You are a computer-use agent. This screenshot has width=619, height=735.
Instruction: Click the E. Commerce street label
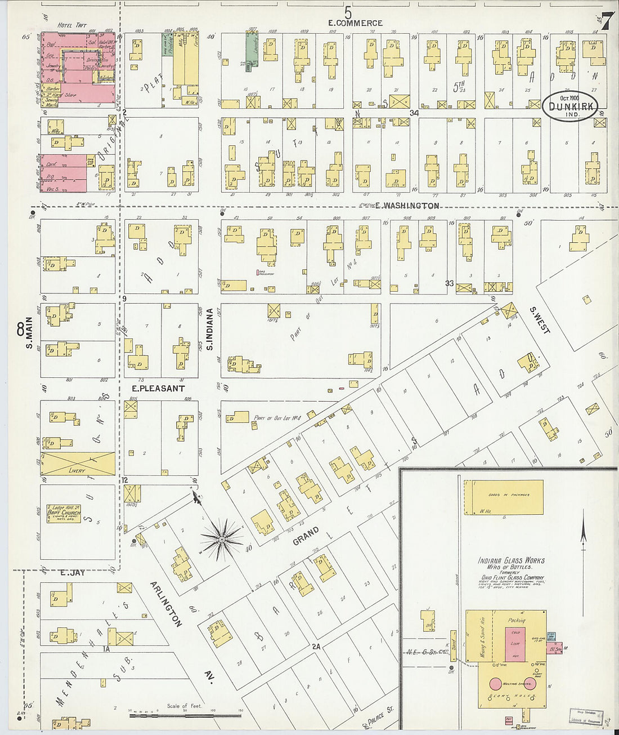(356, 23)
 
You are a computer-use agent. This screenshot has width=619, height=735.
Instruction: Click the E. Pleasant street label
(158, 389)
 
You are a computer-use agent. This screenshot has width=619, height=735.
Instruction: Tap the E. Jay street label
(72, 572)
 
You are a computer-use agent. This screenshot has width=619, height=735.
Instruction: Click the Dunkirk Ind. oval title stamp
(571, 105)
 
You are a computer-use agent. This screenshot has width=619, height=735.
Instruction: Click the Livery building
(78, 464)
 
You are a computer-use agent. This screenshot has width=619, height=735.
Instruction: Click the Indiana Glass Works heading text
(511, 560)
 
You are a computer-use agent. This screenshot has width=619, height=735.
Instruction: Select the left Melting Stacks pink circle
(495, 684)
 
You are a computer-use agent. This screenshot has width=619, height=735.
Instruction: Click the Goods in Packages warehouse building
(504, 496)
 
